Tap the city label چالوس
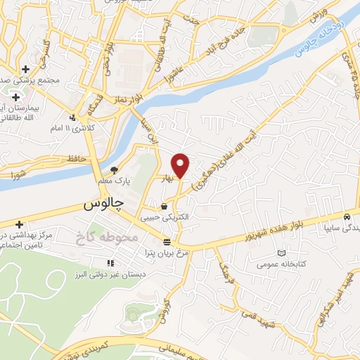click(103, 205)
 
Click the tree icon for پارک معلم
click(114, 169)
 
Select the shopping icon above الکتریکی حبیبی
click(165, 207)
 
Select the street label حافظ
click(77, 158)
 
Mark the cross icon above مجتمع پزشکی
click(26, 69)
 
